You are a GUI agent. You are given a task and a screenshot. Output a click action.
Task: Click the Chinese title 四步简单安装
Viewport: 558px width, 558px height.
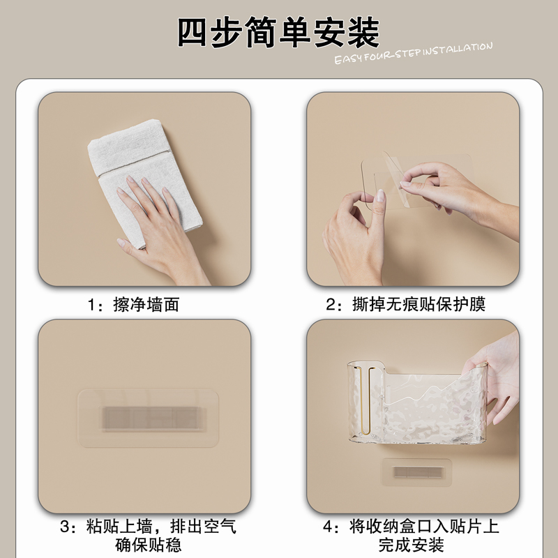coord(278,31)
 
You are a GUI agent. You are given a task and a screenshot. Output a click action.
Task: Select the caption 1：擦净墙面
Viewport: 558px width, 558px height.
coord(133,305)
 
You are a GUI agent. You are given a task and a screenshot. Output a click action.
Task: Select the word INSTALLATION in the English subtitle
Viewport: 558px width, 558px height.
coord(457,49)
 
